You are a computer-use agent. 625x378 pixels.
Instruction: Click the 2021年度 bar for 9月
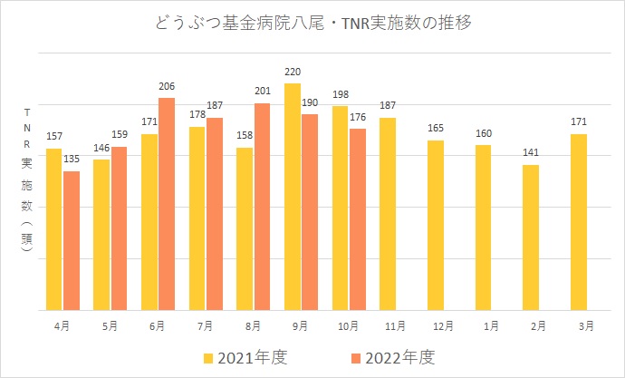[x=292, y=197]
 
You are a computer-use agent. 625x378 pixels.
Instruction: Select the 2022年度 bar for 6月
[x=166, y=204]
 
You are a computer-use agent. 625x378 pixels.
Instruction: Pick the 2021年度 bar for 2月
[x=531, y=237]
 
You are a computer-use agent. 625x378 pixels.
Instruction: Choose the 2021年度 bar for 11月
[x=388, y=214]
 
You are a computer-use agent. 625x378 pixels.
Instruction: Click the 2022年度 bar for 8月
[x=262, y=207]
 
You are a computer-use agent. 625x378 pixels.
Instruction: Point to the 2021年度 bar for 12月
[x=436, y=225]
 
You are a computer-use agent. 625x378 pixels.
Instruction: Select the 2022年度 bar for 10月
[x=357, y=219]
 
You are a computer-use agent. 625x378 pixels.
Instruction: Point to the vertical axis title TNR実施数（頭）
[x=27, y=186]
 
